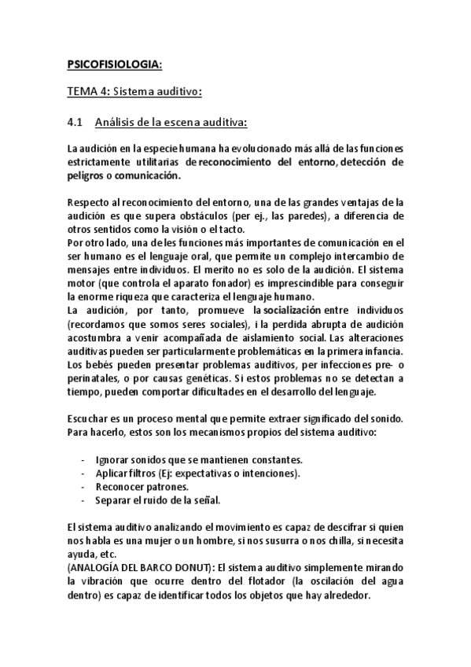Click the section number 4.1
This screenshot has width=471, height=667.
pyautogui.click(x=75, y=122)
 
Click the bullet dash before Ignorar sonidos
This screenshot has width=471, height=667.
pyautogui.click(x=83, y=459)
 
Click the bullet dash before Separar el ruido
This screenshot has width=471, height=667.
pyautogui.click(x=83, y=499)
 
